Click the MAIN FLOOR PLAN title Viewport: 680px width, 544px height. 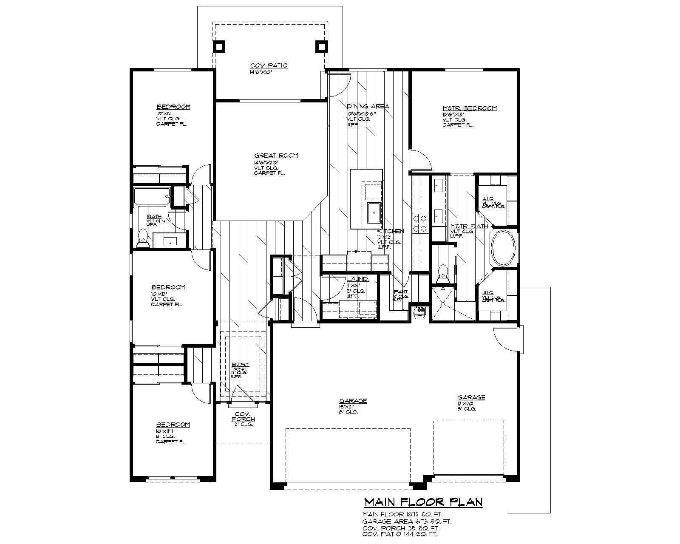click(423, 502)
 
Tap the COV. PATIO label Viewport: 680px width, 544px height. click(269, 65)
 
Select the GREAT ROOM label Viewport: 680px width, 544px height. click(276, 156)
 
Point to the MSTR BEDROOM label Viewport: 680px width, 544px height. click(469, 108)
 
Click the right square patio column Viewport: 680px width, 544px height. click(321, 46)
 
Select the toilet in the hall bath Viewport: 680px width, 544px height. click(142, 238)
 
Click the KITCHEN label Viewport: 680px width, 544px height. click(391, 231)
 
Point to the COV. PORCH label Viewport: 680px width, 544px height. click(243, 416)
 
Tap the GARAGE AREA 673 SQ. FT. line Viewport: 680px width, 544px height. click(407, 521)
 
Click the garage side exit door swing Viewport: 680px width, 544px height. click(505, 339)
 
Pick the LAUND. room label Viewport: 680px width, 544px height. click(357, 279)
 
